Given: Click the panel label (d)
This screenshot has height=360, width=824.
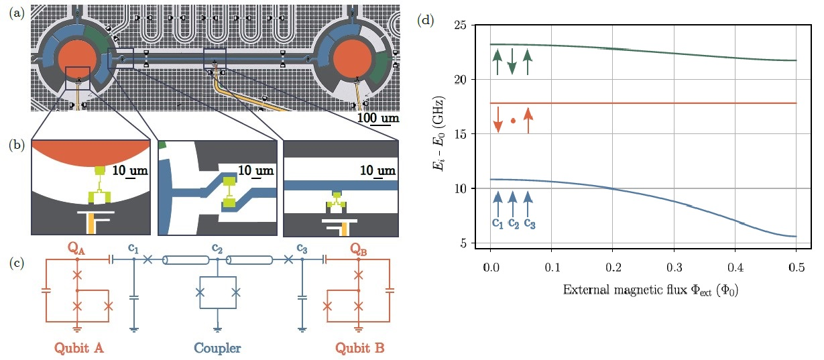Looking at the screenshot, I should point(426,20).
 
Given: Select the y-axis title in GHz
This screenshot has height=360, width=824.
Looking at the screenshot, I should point(439,134).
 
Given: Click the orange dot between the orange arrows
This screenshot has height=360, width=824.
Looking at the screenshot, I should point(513,121).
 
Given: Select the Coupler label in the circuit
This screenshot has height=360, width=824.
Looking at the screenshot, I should point(217,348).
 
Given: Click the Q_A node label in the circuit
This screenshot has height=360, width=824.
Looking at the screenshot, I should point(77,249).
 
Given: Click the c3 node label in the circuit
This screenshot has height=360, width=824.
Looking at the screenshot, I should point(302,249).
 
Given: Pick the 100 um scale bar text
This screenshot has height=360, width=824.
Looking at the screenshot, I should point(377,118).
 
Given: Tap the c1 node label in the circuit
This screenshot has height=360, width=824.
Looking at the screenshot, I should point(134,249).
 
